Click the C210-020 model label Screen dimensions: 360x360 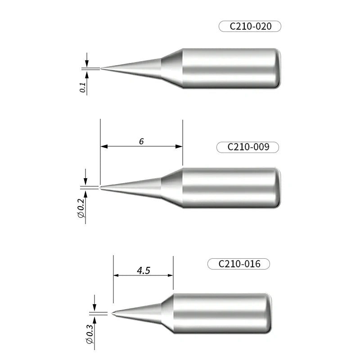250,26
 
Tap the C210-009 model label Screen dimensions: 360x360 248,147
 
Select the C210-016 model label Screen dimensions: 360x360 239,264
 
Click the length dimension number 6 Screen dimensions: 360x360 141,141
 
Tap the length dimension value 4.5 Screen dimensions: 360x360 143,270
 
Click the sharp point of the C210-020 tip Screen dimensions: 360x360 101,68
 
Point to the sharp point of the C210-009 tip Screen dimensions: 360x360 101,187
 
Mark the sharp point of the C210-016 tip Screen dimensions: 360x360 113,313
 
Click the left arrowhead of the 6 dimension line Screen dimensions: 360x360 103,146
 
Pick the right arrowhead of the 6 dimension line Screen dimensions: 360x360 180,146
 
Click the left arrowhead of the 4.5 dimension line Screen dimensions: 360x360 117,275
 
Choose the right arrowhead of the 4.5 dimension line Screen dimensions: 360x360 170,275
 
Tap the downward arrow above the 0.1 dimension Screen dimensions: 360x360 87,63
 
